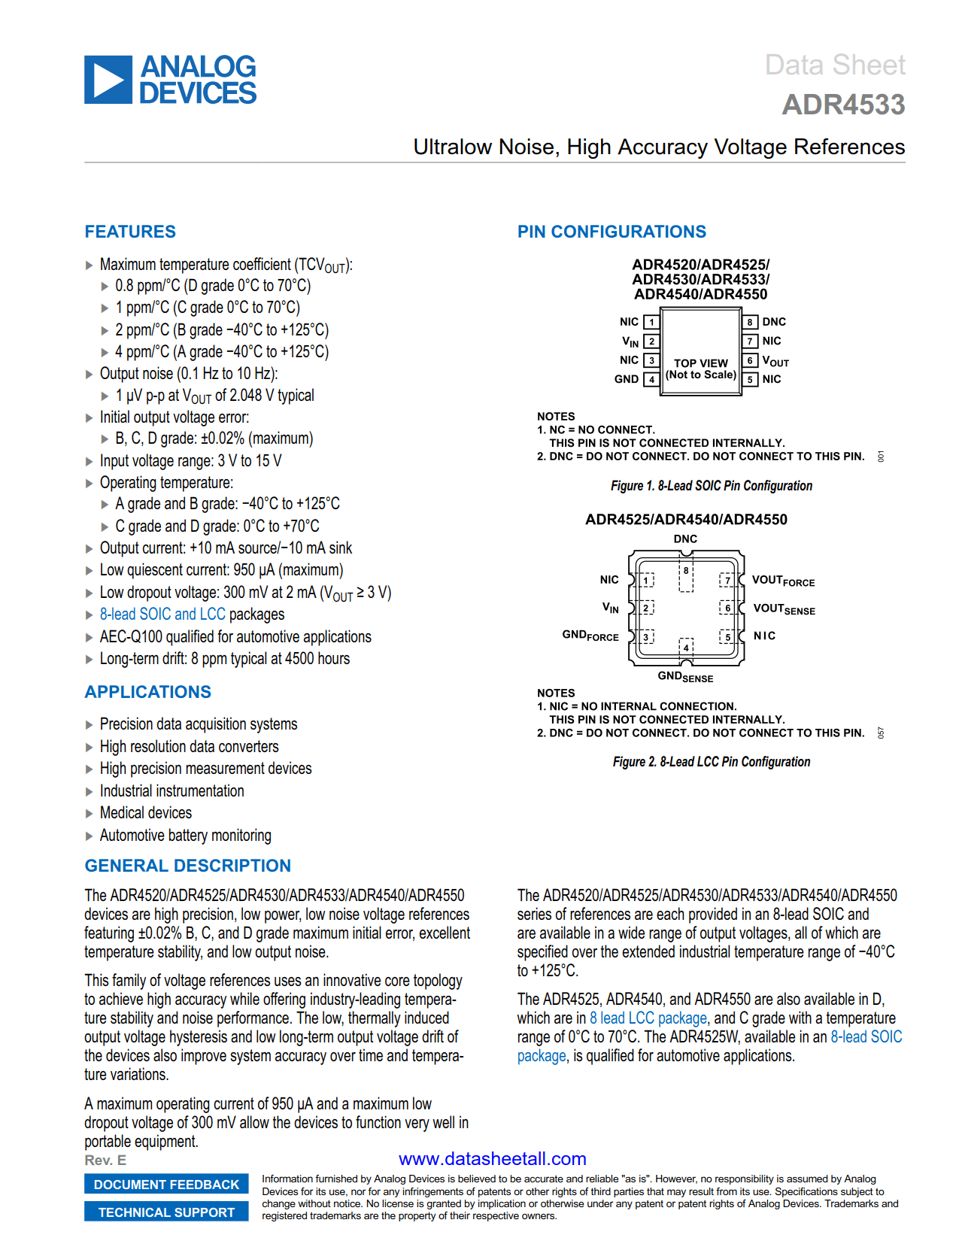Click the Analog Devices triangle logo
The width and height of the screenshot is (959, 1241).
108,80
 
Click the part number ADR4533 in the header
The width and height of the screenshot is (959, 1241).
843,105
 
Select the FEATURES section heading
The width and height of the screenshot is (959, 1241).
130,232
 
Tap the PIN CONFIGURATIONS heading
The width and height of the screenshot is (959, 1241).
612,232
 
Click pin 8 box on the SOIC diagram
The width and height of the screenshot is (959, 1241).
750,322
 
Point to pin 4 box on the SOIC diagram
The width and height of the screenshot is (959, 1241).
652,380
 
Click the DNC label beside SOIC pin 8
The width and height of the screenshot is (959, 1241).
774,322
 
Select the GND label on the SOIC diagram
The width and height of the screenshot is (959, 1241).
627,379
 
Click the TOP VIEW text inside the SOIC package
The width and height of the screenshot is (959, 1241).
701,363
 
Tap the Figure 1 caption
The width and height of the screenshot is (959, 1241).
712,486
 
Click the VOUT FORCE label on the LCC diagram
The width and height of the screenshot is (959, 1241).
783,581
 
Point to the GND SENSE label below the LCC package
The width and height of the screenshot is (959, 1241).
685,677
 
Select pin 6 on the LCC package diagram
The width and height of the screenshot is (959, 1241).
727,608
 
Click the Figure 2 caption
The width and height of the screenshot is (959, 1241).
712,762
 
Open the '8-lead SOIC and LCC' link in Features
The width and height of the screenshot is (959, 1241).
162,614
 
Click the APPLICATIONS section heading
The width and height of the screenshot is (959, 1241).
148,692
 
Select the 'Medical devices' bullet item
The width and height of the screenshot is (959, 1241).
146,813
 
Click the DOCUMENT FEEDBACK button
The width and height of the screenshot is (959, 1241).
166,1185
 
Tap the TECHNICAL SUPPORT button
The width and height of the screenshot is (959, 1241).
166,1212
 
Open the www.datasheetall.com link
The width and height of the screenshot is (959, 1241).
493,1159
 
